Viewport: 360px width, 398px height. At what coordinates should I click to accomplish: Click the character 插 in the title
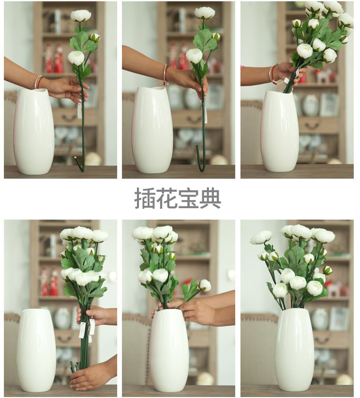pos(145,198)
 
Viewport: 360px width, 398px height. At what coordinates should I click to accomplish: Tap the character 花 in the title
pos(166,198)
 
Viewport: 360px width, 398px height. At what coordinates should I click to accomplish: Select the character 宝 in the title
pos(189,198)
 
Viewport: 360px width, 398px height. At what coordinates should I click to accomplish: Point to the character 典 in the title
pos(210,198)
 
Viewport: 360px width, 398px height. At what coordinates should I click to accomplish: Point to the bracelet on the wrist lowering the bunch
pos(273,74)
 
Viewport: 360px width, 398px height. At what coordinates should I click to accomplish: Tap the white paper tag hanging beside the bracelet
pos(286,81)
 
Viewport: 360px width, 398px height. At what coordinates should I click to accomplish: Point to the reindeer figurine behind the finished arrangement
pos(335,288)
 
